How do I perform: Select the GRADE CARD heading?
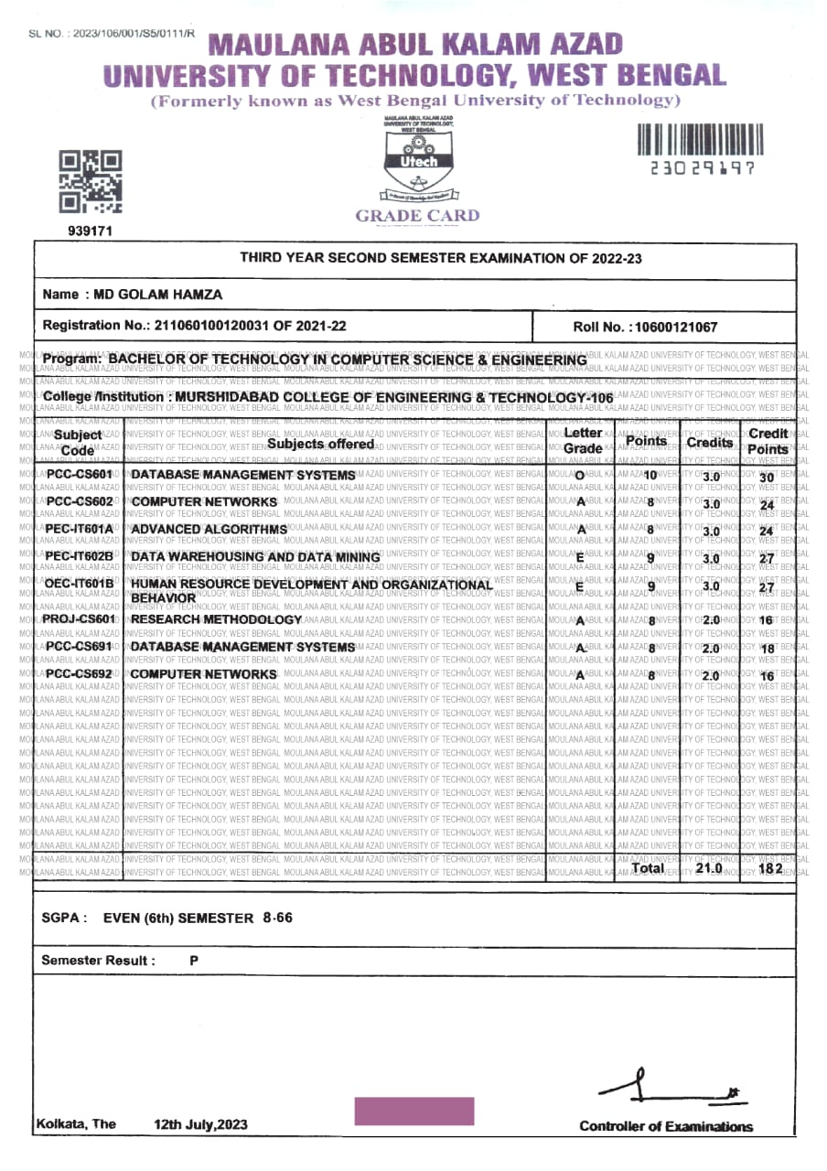[x=417, y=216]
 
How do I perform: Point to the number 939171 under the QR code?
[x=91, y=231]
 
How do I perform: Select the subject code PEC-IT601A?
[x=80, y=529]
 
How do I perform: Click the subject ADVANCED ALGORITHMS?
[x=209, y=529]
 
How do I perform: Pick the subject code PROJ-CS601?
[x=81, y=619]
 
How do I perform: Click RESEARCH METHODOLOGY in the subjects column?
[x=217, y=619]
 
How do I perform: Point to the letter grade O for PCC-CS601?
[x=580, y=476]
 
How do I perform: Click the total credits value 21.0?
[x=709, y=867]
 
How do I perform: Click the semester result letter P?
[x=194, y=961]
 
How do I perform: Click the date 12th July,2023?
[x=201, y=1124]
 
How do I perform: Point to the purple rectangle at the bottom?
[x=414, y=1111]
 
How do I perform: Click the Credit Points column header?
[x=768, y=441]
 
